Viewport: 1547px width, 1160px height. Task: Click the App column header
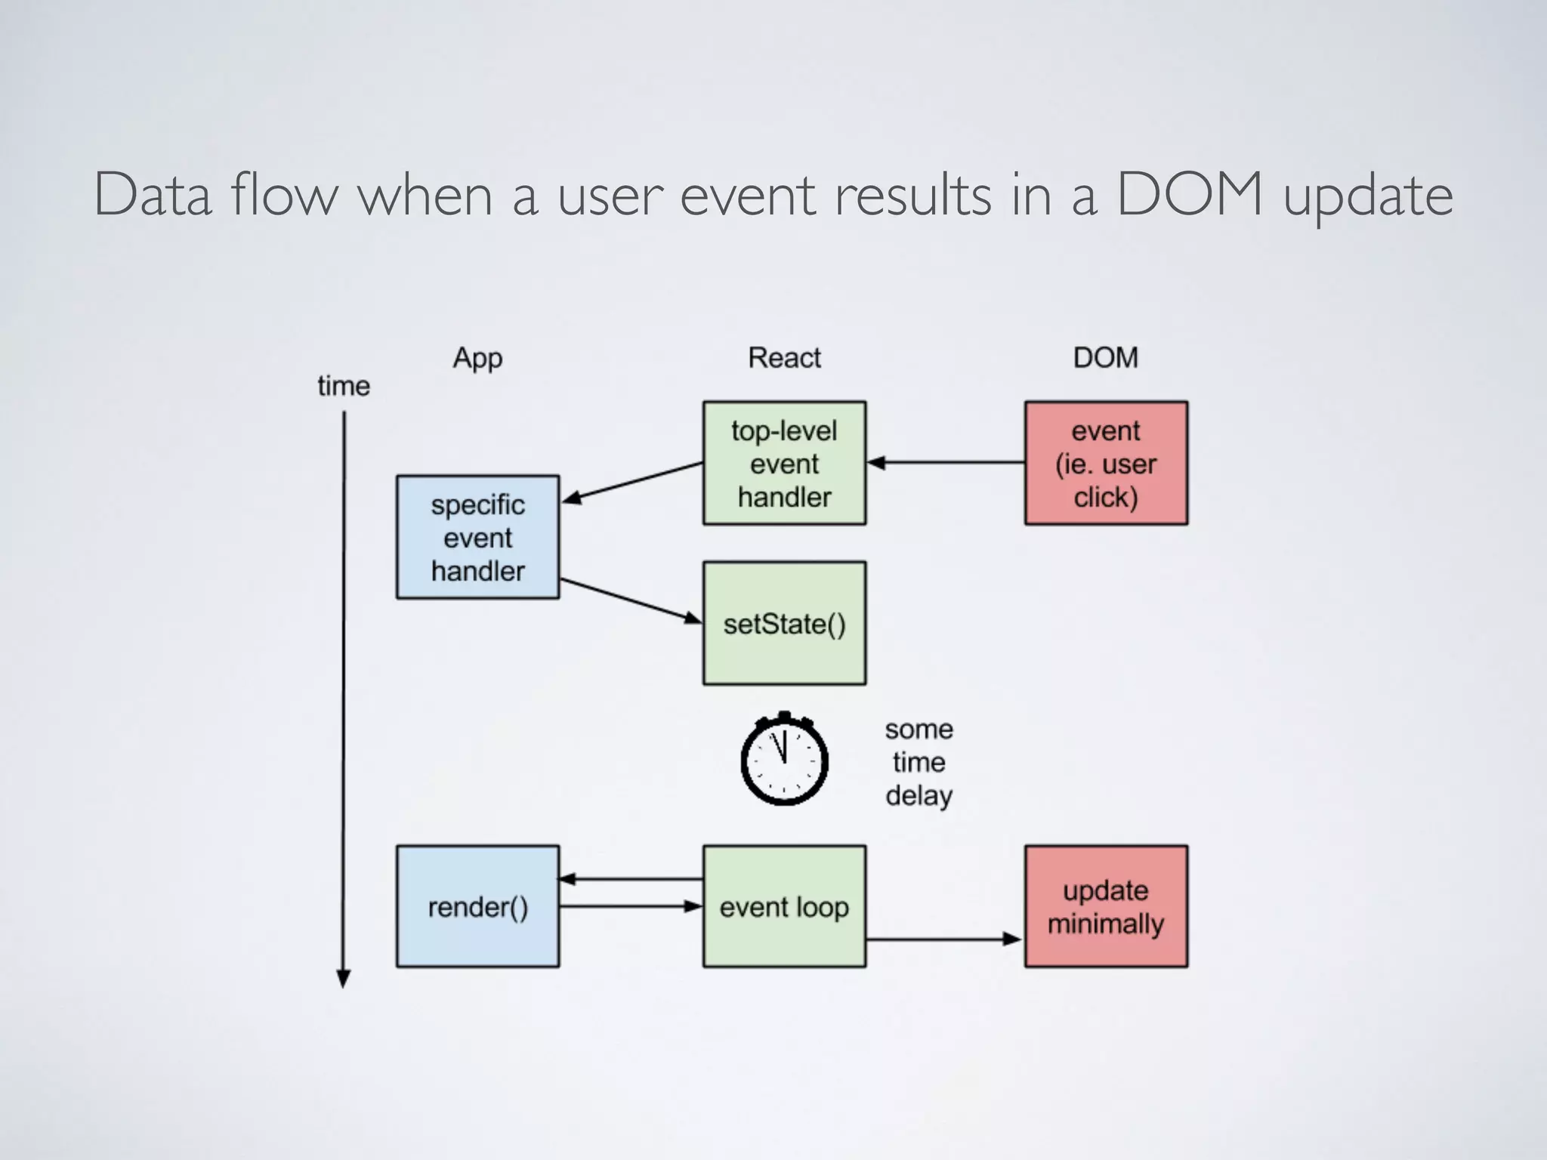pyautogui.click(x=477, y=358)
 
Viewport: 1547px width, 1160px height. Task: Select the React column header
pyautogui.click(x=784, y=358)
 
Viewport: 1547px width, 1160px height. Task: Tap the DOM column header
pyautogui.click(x=1105, y=358)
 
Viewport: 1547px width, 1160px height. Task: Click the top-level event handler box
pyautogui.click(x=784, y=463)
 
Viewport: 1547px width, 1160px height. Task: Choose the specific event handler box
pyautogui.click(x=477, y=537)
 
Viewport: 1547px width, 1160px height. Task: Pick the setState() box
pyautogui.click(x=784, y=623)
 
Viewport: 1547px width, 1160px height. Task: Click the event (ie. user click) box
pyautogui.click(x=1106, y=463)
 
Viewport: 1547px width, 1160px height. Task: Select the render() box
pyautogui.click(x=477, y=906)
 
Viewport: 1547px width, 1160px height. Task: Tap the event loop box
pyautogui.click(x=784, y=906)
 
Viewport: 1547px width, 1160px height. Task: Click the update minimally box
pyautogui.click(x=1106, y=906)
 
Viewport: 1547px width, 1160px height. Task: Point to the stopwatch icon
pyautogui.click(x=784, y=759)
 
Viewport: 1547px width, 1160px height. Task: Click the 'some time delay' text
pyautogui.click(x=919, y=762)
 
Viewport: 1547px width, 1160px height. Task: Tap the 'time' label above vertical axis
pyautogui.click(x=344, y=386)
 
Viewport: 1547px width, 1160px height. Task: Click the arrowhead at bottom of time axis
pyautogui.click(x=344, y=979)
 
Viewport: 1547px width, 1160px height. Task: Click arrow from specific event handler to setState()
pyautogui.click(x=631, y=601)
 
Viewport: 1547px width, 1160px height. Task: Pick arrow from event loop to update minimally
pyautogui.click(x=944, y=939)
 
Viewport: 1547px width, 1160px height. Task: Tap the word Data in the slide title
pyautogui.click(x=153, y=195)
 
